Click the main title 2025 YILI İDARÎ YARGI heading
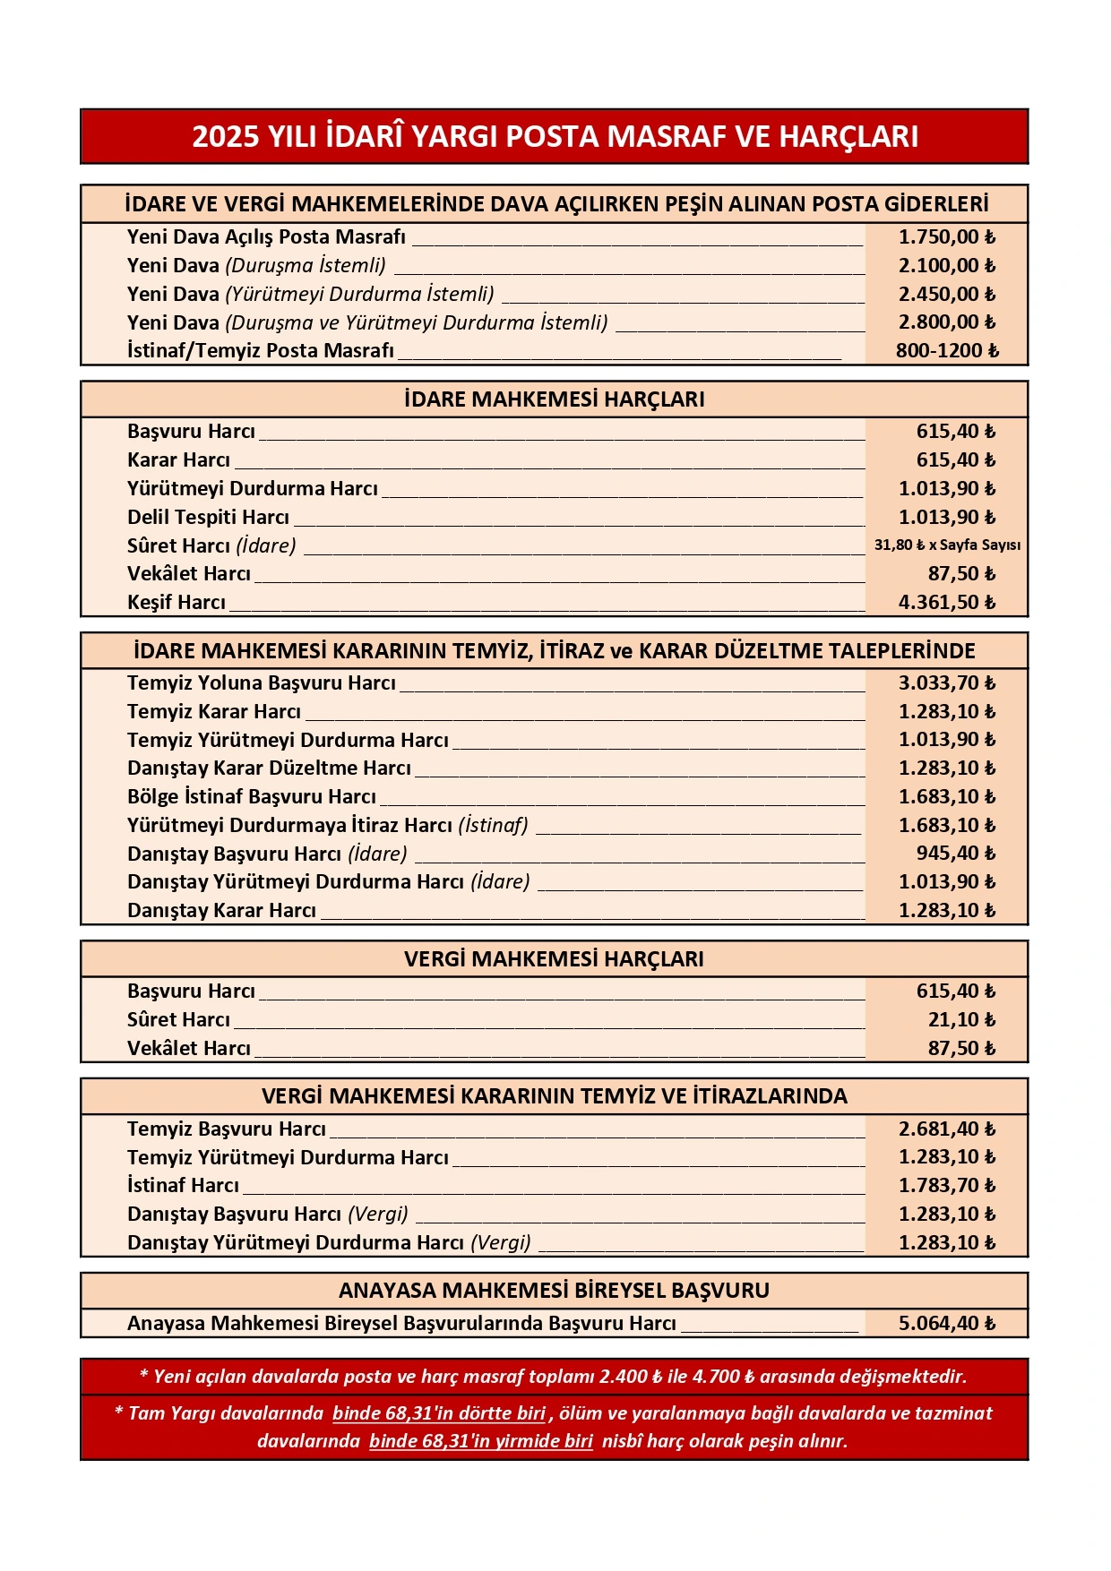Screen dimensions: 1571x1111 (x=555, y=136)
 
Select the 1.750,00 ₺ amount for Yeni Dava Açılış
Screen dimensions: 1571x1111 (x=946, y=237)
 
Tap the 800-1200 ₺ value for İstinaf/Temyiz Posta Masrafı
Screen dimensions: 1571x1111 (x=946, y=351)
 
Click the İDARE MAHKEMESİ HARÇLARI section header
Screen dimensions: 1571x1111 (x=555, y=399)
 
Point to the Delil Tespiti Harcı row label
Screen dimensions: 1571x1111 (x=208, y=518)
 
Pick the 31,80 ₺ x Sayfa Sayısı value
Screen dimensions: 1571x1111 (x=946, y=545)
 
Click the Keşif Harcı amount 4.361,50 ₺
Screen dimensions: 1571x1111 (x=946, y=603)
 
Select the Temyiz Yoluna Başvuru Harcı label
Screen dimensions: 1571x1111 (x=261, y=683)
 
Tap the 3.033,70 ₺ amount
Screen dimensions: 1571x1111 (x=946, y=683)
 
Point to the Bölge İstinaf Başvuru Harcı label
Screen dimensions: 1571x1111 (x=251, y=797)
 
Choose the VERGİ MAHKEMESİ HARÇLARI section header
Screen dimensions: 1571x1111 (x=555, y=959)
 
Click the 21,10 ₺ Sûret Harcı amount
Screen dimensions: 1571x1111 (x=960, y=1020)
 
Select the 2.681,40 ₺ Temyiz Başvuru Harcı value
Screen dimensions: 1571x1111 (x=946, y=1129)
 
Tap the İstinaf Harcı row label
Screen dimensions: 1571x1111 (x=183, y=1186)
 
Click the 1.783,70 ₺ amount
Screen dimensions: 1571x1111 (x=946, y=1186)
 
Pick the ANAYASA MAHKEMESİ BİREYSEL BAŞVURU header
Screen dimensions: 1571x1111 (x=555, y=1291)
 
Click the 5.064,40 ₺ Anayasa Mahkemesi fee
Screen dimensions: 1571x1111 (x=946, y=1324)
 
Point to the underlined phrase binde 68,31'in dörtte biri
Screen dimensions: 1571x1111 (x=439, y=1413)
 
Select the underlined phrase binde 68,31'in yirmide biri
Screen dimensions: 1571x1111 (x=481, y=1441)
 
